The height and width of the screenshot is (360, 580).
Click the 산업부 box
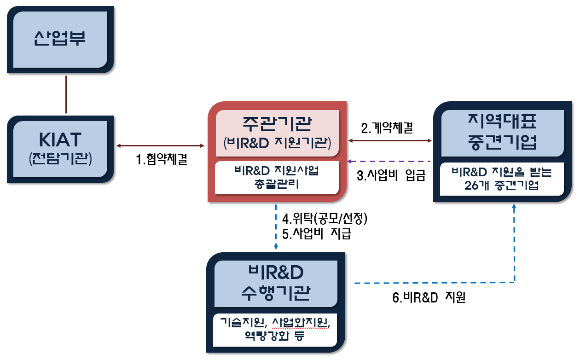click(60, 40)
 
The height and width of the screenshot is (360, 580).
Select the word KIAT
click(60, 140)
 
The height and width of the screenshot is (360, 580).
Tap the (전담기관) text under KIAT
click(60, 159)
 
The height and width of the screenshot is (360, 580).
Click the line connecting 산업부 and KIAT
click(66, 94)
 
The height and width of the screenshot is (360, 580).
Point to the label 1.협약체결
click(161, 159)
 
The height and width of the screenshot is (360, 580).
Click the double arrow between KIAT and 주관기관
click(160, 146)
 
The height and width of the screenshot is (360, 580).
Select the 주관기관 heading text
click(277, 123)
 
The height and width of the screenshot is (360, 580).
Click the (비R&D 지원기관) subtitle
click(277, 143)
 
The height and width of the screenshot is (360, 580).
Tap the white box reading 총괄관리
click(277, 178)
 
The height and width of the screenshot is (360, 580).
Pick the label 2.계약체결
click(387, 128)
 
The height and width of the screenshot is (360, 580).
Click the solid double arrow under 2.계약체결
click(390, 140)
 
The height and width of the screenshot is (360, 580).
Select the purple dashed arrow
click(389, 161)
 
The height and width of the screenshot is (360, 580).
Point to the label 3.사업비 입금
click(391, 175)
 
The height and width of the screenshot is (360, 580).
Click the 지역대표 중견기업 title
click(502, 132)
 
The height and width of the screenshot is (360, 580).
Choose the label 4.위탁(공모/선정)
click(325, 219)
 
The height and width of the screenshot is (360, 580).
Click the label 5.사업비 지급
click(316, 234)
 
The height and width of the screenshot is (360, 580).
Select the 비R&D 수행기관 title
click(276, 283)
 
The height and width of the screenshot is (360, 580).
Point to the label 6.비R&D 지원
click(429, 297)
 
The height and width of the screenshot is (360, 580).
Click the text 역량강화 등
click(275, 336)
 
